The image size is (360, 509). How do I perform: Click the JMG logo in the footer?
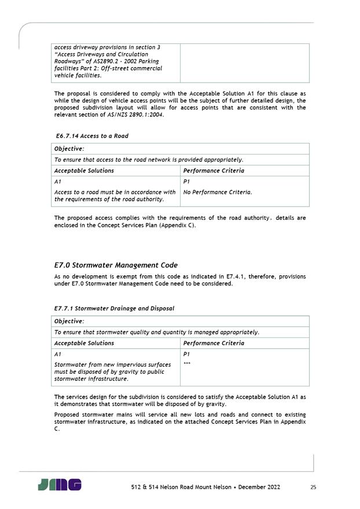(x=60, y=485)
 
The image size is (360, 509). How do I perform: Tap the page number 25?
(x=313, y=488)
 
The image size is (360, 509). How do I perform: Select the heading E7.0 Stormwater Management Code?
(x=116, y=265)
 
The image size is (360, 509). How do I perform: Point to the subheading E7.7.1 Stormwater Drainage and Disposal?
(x=114, y=308)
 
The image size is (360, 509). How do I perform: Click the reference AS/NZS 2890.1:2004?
(x=135, y=115)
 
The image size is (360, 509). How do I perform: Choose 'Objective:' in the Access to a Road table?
(x=69, y=149)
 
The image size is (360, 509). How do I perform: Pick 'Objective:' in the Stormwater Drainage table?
(x=69, y=321)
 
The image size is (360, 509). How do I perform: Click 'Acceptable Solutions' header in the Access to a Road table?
(x=84, y=171)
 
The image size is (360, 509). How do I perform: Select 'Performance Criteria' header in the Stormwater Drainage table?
(x=213, y=343)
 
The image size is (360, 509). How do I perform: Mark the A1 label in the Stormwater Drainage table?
(x=57, y=354)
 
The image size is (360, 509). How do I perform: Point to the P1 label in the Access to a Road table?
(x=186, y=182)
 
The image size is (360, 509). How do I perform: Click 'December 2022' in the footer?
(x=256, y=488)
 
